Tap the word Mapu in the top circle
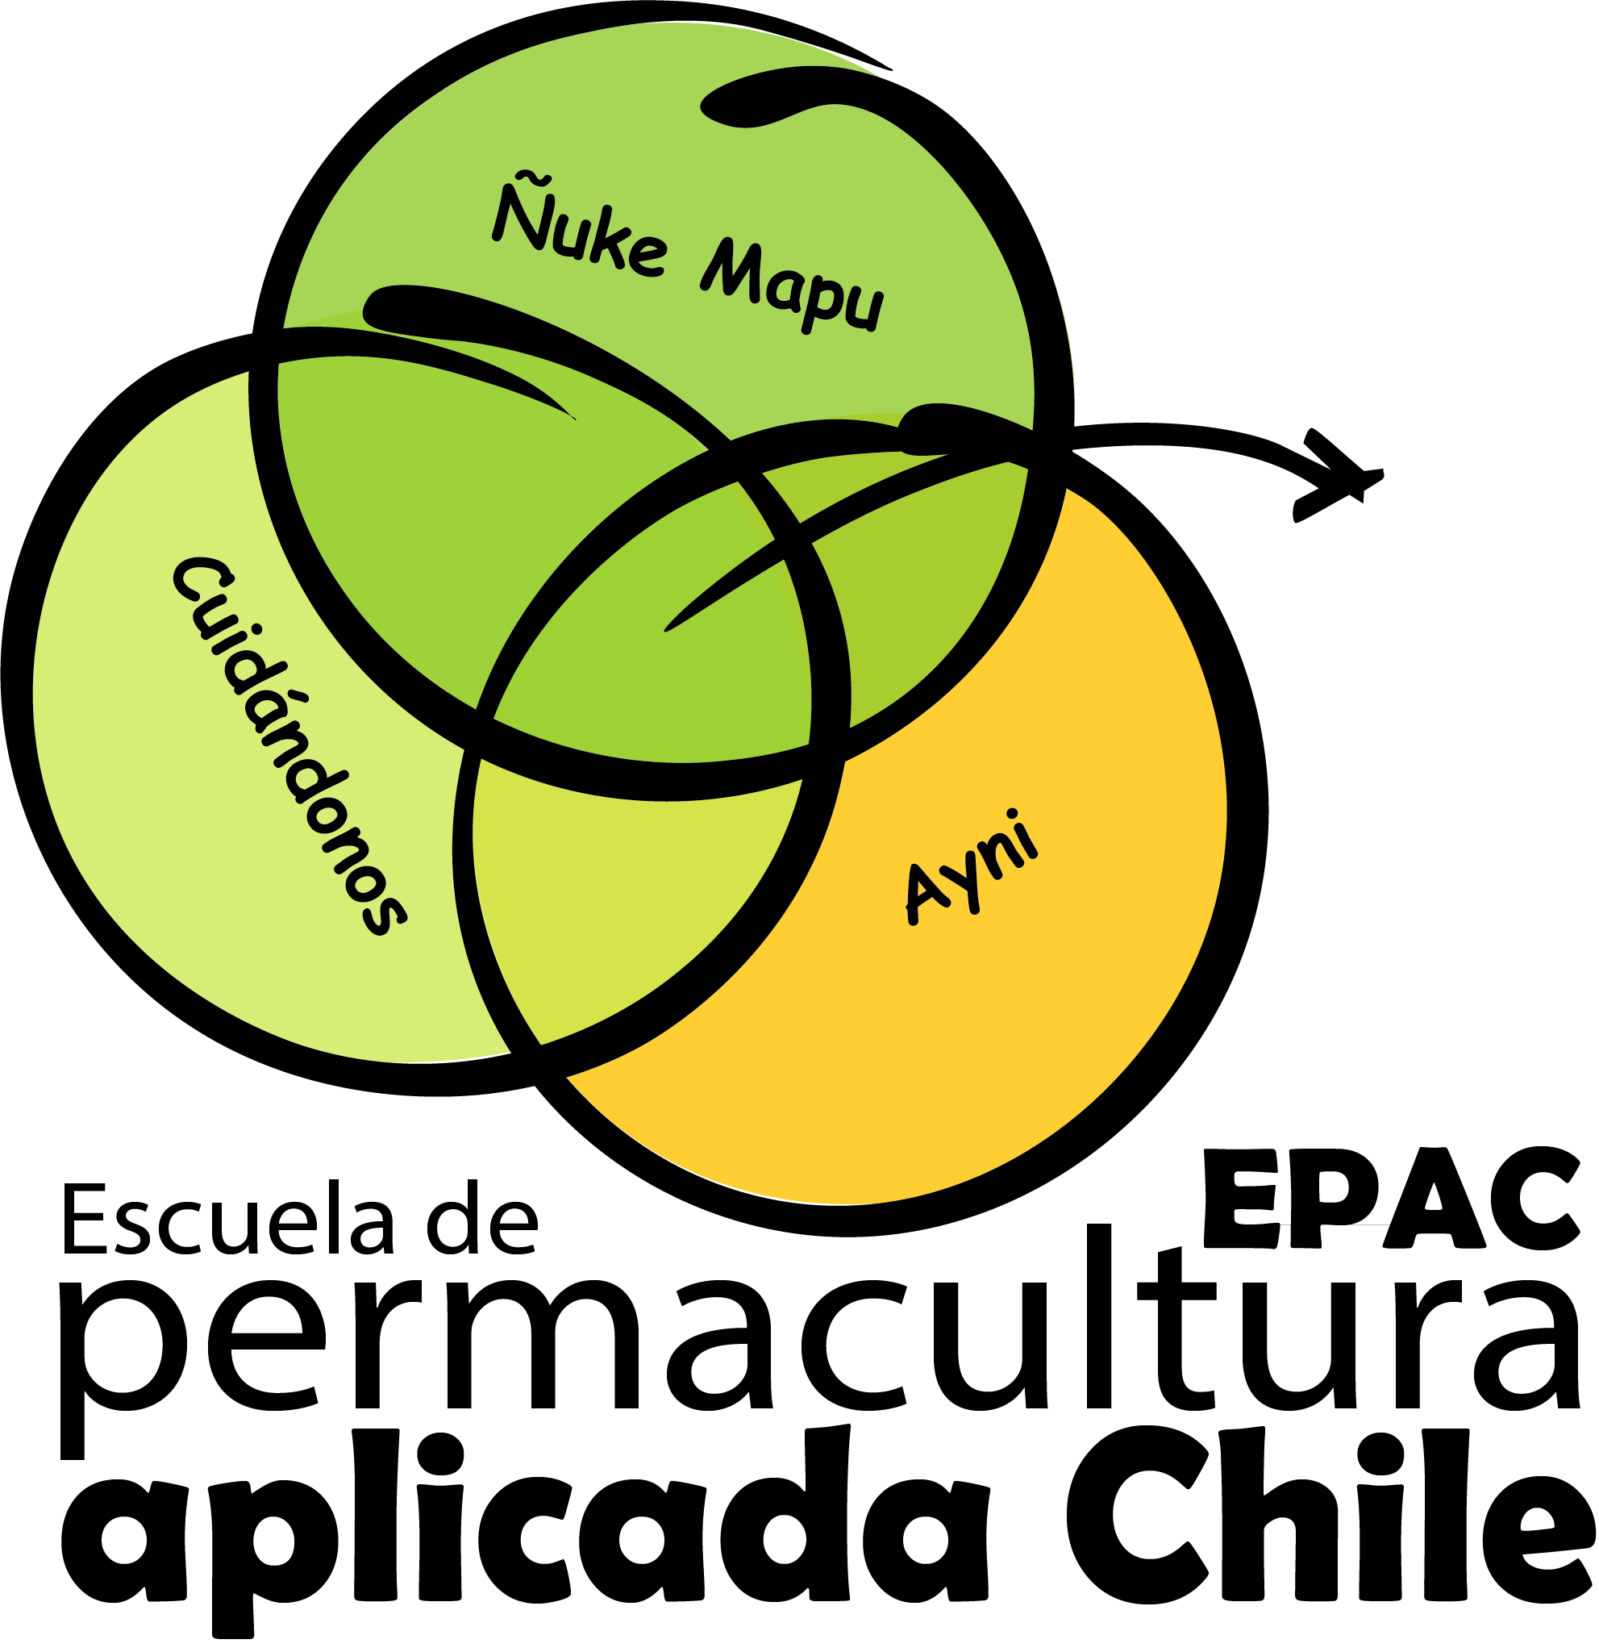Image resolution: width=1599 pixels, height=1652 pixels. [792, 286]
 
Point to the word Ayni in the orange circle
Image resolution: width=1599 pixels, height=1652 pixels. [972, 868]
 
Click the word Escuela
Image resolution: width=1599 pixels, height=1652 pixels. [227, 1220]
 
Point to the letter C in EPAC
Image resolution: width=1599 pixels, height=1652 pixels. [1535, 1197]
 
